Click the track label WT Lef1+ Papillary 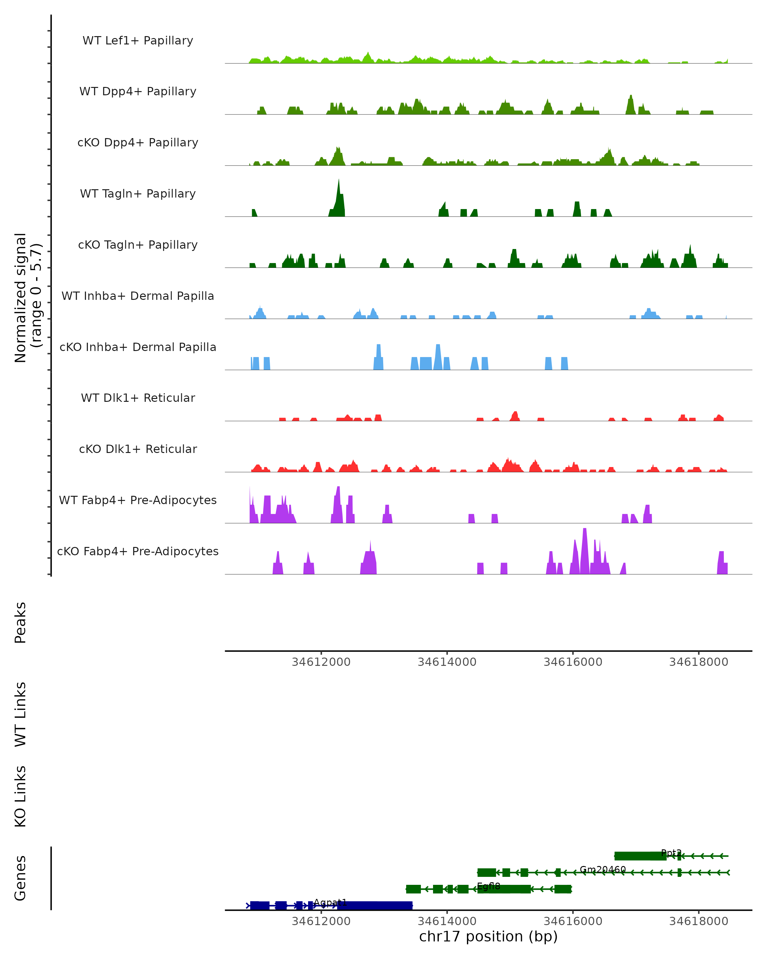coord(138,41)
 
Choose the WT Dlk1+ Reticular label coord(138,398)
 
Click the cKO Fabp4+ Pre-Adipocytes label coord(138,551)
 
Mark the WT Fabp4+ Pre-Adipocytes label coord(138,500)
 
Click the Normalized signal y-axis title coord(28,298)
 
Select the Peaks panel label coord(20,622)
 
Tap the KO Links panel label coord(20,796)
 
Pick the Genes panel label coord(20,878)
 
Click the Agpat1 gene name coord(330,902)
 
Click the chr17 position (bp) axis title coord(488,936)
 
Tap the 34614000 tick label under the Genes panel coord(447,921)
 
